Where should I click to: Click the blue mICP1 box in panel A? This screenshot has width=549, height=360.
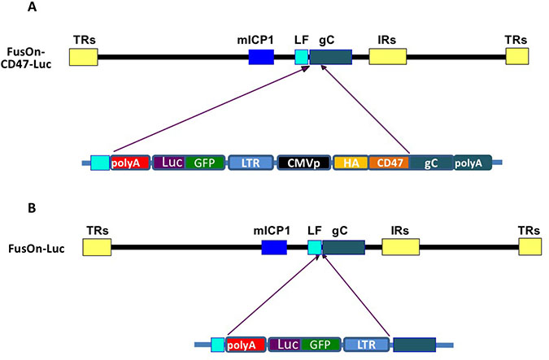(x=260, y=56)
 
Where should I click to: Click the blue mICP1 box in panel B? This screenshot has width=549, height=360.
(x=273, y=248)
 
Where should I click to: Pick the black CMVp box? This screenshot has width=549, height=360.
(x=303, y=163)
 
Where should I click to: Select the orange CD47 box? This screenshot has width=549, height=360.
(x=389, y=163)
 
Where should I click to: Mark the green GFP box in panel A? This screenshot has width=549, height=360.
(x=204, y=163)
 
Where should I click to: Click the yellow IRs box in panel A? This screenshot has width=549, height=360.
(x=387, y=56)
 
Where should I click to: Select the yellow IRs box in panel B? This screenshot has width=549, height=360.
(x=400, y=248)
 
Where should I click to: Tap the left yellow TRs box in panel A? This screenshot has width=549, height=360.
(x=83, y=56)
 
